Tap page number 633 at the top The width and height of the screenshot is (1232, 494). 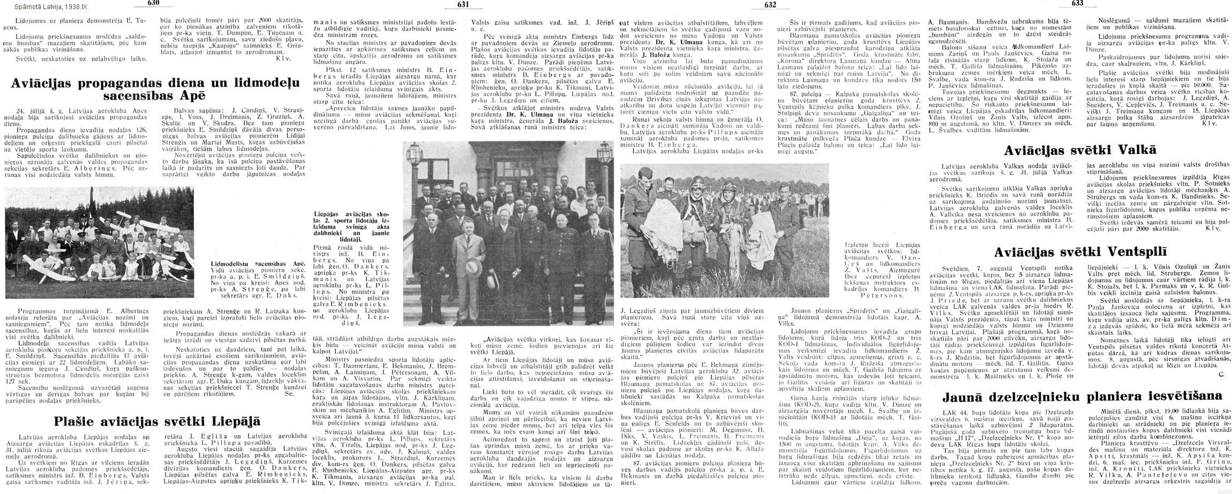[x=1073, y=4]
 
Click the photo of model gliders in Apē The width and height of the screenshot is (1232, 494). [x=99, y=242]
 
